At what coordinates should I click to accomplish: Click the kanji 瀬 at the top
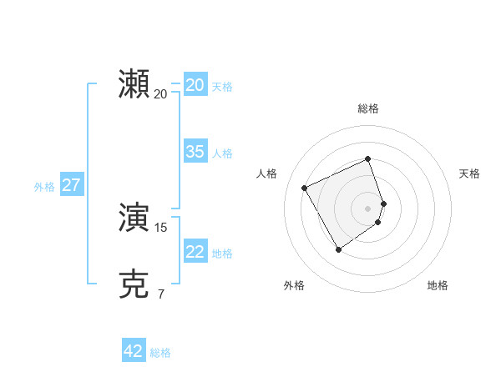tap(134, 84)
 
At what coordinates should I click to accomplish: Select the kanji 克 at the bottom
tap(134, 284)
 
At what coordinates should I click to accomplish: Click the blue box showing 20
tap(195, 85)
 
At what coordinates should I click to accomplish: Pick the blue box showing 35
tap(195, 152)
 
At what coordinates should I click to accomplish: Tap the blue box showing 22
tap(195, 252)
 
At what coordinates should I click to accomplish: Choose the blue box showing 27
tap(71, 185)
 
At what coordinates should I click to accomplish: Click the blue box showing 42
tap(134, 351)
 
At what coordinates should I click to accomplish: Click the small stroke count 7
tap(161, 294)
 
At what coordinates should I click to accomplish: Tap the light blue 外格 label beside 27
tap(44, 187)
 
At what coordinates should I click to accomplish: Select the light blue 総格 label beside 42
tap(160, 353)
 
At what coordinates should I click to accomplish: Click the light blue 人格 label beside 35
tap(222, 153)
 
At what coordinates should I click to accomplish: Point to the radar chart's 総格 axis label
tap(368, 108)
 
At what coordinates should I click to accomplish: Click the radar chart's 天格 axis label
tap(470, 173)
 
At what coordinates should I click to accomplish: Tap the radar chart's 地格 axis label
tap(438, 285)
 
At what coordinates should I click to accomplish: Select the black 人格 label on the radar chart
tap(266, 173)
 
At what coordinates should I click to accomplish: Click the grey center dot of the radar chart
tap(368, 208)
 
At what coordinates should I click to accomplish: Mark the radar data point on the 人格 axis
tap(305, 188)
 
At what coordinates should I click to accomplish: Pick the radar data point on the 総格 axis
tap(368, 158)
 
